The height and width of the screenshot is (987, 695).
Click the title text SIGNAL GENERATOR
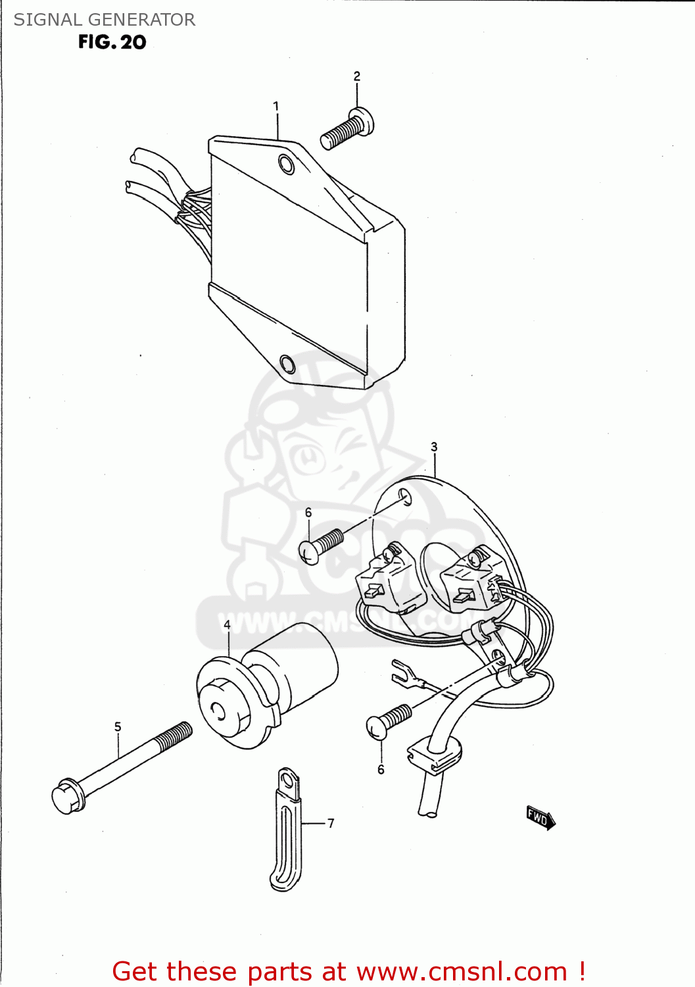(105, 20)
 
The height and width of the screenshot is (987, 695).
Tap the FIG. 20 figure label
(112, 42)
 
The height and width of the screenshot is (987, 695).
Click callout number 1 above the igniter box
(276, 106)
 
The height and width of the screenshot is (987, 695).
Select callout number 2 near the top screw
(357, 76)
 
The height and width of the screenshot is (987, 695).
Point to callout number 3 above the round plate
(434, 447)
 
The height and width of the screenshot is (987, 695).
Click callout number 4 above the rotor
(228, 625)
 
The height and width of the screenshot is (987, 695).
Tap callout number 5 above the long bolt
(118, 726)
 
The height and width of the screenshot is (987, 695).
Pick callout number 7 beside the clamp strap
(331, 823)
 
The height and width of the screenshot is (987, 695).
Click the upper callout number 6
(308, 513)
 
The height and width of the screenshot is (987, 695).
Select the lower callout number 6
(381, 769)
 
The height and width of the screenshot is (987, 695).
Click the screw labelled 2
(347, 128)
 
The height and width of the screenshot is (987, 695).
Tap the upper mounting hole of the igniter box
(286, 164)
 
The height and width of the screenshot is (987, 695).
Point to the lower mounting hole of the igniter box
(287, 363)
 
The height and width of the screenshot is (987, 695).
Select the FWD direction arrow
(541, 819)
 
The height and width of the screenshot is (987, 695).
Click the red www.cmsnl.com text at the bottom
(462, 971)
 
